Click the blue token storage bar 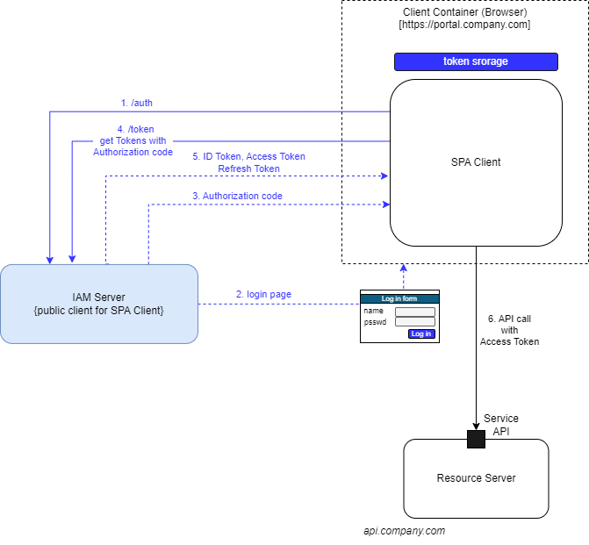(x=476, y=61)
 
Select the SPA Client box (x=476, y=162)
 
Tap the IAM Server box (x=98, y=304)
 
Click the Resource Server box (x=476, y=478)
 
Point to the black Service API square (x=476, y=439)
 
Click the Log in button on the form (x=421, y=333)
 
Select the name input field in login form (x=414, y=312)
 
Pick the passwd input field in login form (x=414, y=322)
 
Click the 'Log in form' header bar (x=399, y=298)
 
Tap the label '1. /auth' (x=136, y=103)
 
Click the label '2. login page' (x=263, y=294)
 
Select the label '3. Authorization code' (x=237, y=196)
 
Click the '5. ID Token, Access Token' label (x=248, y=156)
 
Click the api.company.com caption (x=405, y=531)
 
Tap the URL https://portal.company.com (x=464, y=25)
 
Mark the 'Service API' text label (x=501, y=425)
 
